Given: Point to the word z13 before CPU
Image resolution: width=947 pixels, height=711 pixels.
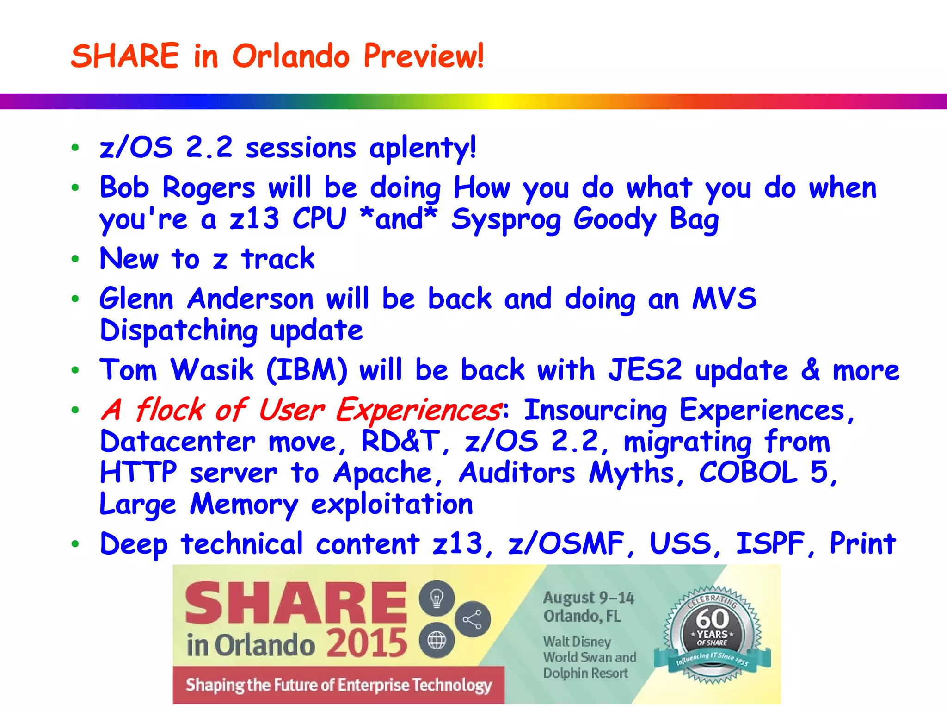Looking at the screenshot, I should (x=254, y=219).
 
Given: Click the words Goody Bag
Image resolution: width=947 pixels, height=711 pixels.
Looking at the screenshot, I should (x=646, y=220).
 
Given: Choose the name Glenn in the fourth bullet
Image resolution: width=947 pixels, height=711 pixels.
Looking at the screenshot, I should (x=136, y=299).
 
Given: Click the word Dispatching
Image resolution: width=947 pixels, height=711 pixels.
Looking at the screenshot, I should (x=178, y=331).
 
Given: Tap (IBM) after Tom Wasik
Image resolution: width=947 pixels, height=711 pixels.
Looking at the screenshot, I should (x=307, y=371).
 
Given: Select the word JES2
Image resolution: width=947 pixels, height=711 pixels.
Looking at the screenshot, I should (x=645, y=370).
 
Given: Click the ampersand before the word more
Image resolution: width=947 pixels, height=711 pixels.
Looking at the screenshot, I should (x=810, y=370).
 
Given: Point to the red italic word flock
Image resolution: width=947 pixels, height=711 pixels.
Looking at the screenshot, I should (x=170, y=410).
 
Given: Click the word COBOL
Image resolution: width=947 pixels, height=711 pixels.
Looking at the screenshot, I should (x=748, y=473).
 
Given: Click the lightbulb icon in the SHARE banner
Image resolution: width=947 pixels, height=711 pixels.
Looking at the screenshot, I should (x=437, y=598).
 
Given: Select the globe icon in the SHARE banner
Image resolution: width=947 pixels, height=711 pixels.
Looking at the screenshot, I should (x=437, y=641).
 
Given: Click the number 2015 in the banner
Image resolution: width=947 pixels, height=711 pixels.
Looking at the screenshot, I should (x=367, y=643).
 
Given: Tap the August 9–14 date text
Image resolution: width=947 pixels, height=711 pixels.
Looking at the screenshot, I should (x=588, y=598).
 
